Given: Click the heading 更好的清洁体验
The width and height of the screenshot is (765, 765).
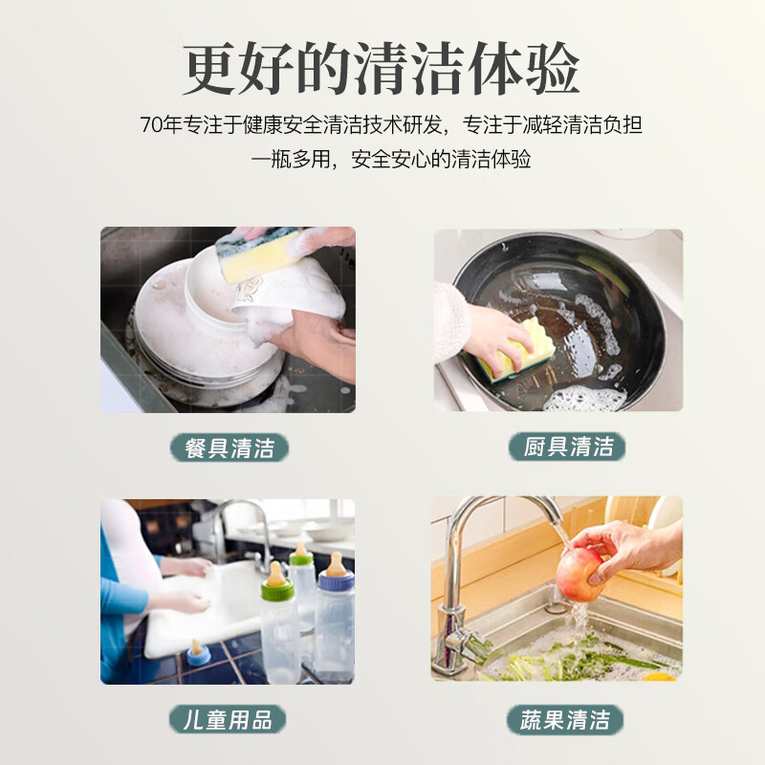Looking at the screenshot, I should [x=382, y=69].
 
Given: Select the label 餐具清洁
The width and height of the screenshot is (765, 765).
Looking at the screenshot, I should [x=229, y=448].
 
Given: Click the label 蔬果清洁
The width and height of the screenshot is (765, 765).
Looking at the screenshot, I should [x=565, y=719].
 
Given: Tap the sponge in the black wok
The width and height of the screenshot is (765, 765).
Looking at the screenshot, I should [x=516, y=349].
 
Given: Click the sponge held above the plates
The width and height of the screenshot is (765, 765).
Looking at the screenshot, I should [x=256, y=254].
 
